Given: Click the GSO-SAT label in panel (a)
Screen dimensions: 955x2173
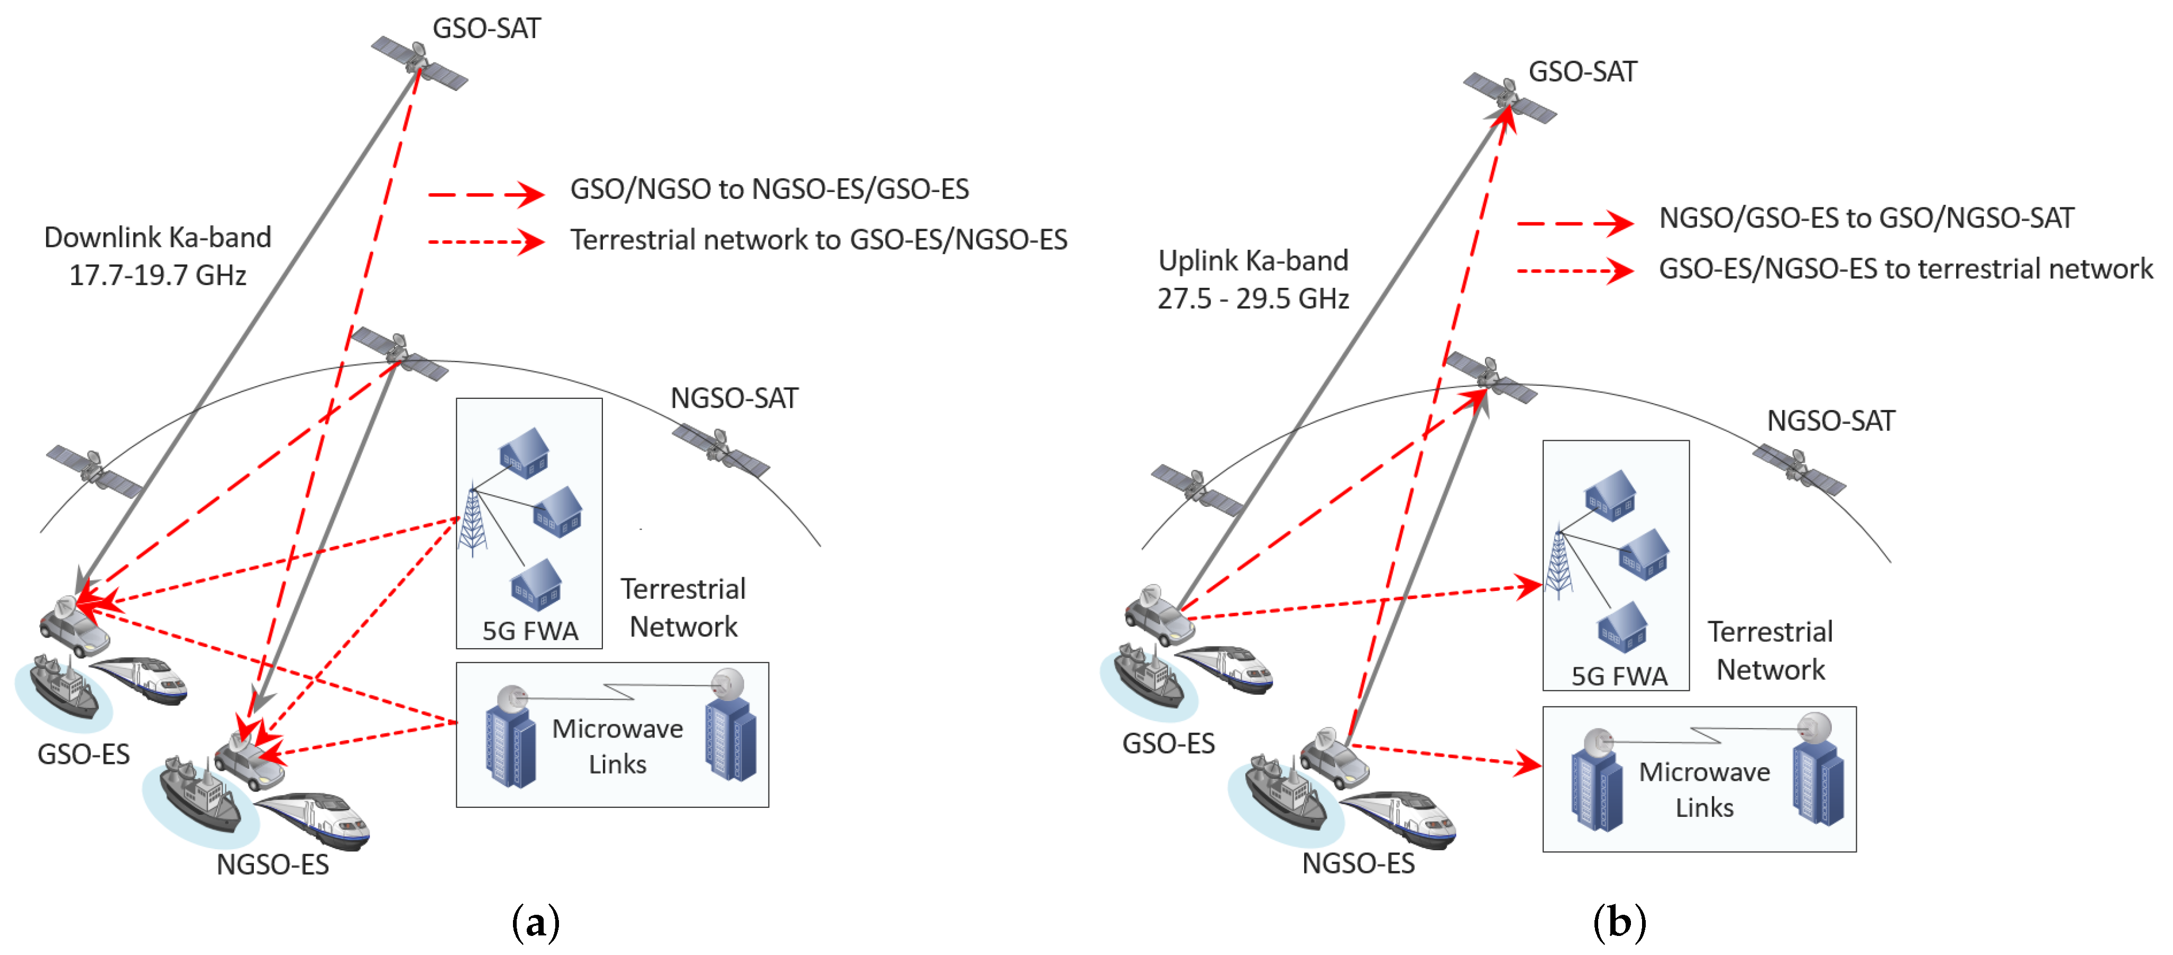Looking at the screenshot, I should [486, 29].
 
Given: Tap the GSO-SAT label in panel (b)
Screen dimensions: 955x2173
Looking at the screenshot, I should [1582, 72].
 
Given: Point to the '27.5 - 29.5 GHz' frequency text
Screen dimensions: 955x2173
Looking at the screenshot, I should [1253, 298].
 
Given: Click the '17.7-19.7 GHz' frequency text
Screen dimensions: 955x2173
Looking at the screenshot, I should [158, 276].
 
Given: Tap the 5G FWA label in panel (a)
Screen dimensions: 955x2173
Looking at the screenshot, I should [530, 631].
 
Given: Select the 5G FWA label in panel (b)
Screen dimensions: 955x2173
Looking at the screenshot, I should [1619, 676].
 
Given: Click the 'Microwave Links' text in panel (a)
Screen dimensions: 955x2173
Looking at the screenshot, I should [618, 746].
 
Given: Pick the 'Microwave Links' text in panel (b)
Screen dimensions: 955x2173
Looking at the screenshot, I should [1704, 789].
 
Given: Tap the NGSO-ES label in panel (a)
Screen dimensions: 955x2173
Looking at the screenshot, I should [272, 865].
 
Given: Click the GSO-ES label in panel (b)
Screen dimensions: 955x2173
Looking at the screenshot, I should [1168, 743].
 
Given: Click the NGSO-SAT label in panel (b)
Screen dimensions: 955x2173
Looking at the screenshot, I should [1830, 421].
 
